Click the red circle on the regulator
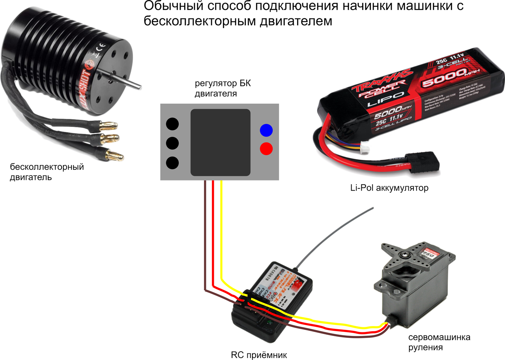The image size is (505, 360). pyautogui.click(x=266, y=148)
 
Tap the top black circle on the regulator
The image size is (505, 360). pyautogui.click(x=172, y=124)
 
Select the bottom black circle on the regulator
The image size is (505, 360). pyautogui.click(x=172, y=162)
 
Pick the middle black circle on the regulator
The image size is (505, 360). pyautogui.click(x=172, y=143)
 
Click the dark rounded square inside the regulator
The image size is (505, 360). pyautogui.click(x=221, y=142)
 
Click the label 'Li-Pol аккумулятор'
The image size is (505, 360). pyautogui.click(x=389, y=188)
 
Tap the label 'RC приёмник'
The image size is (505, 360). pyautogui.click(x=259, y=354)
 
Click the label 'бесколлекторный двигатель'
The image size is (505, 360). pyautogui.click(x=47, y=172)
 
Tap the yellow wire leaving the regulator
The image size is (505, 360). pyautogui.click(x=221, y=229)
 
